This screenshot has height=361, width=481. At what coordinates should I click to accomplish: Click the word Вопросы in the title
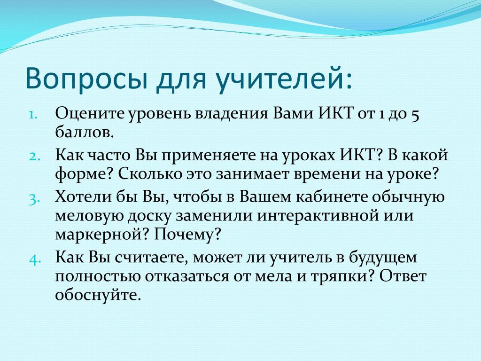pyautogui.click(x=87, y=79)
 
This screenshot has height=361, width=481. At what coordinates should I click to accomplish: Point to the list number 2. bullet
pyautogui.click(x=34, y=156)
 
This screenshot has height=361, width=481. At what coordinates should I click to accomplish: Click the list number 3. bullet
pyautogui.click(x=34, y=199)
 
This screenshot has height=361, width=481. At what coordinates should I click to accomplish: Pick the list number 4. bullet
pyautogui.click(x=35, y=259)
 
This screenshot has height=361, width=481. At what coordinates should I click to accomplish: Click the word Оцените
pyautogui.click(x=90, y=113)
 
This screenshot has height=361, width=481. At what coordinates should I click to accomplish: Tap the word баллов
pyautogui.click(x=85, y=132)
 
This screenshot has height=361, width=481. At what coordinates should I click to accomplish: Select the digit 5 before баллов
pyautogui.click(x=415, y=115)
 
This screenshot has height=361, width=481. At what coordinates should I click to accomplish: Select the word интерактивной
pyautogui.click(x=318, y=215)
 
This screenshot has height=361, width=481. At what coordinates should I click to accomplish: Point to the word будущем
pyautogui.click(x=383, y=258)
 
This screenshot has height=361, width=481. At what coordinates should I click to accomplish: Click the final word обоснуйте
pyautogui.click(x=98, y=295)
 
